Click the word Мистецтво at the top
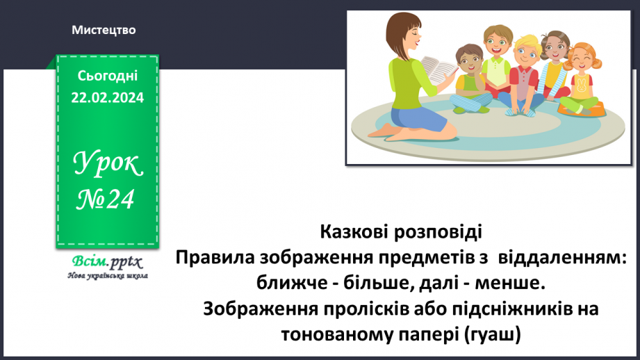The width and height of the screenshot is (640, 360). click(x=104, y=31)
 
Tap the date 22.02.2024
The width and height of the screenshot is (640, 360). click(x=106, y=98)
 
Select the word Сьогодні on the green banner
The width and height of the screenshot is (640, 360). click(x=106, y=76)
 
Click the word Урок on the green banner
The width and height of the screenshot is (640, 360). click(x=108, y=166)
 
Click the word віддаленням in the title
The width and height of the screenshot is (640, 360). click(x=563, y=257)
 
